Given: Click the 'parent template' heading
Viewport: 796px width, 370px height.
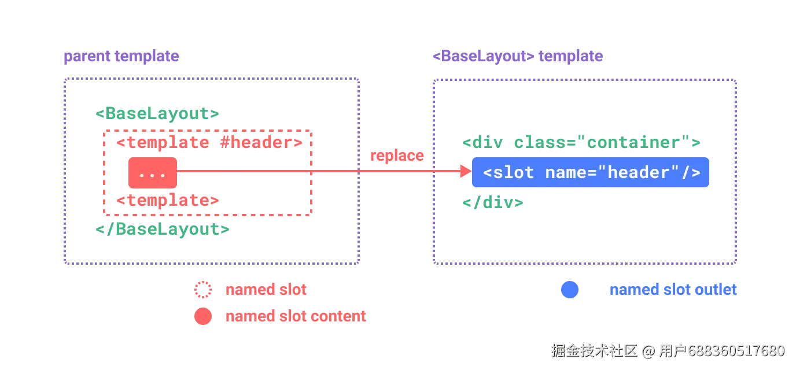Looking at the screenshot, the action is [121, 56].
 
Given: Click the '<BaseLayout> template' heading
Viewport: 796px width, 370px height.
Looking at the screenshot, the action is [518, 56].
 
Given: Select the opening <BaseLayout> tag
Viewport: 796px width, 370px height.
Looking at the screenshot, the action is [157, 114].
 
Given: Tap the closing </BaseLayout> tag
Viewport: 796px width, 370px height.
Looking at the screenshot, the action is [163, 229].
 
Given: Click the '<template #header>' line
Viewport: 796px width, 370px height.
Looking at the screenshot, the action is [209, 142].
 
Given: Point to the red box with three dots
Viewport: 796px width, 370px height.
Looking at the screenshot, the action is [153, 173].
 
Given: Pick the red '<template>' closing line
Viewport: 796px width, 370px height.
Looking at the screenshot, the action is [168, 200].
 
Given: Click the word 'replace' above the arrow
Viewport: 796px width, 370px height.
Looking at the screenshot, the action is [397, 156].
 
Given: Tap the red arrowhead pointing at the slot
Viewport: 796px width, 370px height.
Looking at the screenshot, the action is [466, 171].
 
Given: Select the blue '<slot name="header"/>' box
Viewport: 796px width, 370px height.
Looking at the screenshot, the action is [591, 172].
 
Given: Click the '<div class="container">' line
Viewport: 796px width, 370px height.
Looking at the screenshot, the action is [581, 142].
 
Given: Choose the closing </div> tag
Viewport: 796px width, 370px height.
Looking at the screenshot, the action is [493, 203].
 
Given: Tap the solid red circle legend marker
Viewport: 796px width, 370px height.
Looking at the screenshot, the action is [203, 316].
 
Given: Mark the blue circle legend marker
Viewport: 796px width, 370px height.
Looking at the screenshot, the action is [570, 290].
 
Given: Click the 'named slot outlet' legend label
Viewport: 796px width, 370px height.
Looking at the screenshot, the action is [673, 290].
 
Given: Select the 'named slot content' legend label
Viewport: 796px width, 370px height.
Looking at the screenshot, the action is [296, 316].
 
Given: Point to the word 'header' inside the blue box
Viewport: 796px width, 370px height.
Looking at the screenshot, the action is [638, 172].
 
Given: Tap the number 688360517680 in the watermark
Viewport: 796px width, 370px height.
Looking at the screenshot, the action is [736, 351].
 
